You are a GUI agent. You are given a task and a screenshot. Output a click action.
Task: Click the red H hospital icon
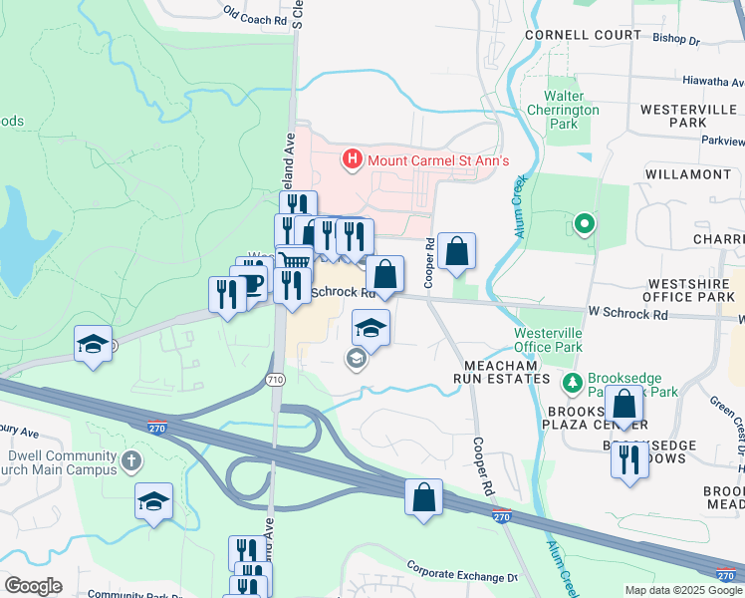click(x=351, y=158)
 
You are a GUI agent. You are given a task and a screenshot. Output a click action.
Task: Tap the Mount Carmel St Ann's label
click(x=438, y=159)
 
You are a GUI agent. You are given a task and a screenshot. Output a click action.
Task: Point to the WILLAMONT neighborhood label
click(x=687, y=174)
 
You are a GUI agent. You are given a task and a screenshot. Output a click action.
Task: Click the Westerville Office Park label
click(x=548, y=340)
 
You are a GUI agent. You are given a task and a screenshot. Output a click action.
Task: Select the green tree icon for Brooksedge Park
click(x=573, y=383)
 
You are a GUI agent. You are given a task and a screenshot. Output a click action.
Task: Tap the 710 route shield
click(x=276, y=380)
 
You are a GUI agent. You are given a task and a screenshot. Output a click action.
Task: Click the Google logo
click(x=33, y=586)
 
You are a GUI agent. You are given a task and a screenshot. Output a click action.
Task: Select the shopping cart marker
click(x=294, y=262)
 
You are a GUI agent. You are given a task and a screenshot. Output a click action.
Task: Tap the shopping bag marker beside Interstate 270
click(x=423, y=495)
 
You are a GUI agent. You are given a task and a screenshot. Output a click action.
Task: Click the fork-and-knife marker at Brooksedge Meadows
click(x=628, y=459)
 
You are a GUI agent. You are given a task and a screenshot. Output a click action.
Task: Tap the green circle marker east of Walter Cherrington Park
click(x=585, y=224)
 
